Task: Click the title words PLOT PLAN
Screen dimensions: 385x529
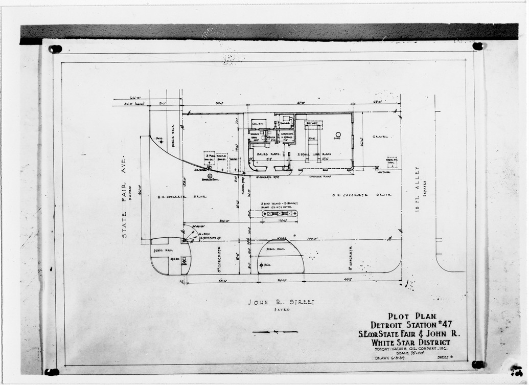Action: point(411,316)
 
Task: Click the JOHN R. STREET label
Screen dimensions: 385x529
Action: point(281,302)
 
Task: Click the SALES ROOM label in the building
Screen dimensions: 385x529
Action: point(268,153)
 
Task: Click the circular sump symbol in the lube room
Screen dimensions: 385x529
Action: point(338,134)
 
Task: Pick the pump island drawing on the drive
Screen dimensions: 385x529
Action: point(279,214)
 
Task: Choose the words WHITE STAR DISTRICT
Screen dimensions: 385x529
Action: point(411,342)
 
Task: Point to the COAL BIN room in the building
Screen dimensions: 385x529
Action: point(257,124)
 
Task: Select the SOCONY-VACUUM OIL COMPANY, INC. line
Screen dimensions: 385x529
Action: point(411,349)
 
